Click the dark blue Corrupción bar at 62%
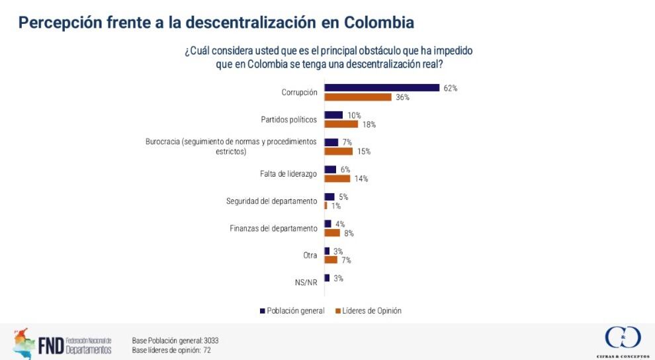pos(382,87)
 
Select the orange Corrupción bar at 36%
pos(358,97)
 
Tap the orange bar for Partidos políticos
pos(341,124)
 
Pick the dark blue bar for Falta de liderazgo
pos(330,169)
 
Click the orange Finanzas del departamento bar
pos(332,233)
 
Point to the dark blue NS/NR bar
pos(327,278)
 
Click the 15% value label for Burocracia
pos(363,152)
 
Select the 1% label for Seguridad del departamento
pos(336,206)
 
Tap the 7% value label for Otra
pos(346,260)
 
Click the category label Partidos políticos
pos(289,120)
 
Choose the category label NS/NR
pos(306,283)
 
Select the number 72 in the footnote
pos(206,350)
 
